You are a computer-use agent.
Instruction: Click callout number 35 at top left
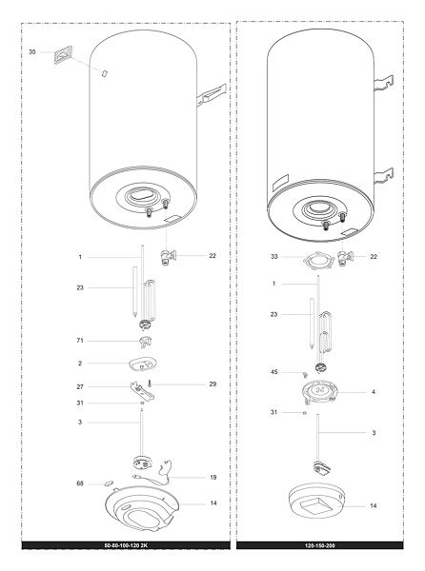pyautogui.click(x=32, y=52)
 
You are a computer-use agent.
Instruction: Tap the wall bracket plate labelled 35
pyautogui.click(x=63, y=54)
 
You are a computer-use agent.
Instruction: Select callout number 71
pyautogui.click(x=80, y=341)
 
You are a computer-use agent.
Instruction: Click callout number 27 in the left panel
pyautogui.click(x=80, y=386)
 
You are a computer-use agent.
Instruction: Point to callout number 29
pyautogui.click(x=212, y=384)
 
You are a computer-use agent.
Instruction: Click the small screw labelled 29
pyautogui.click(x=150, y=384)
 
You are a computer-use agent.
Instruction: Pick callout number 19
pyautogui.click(x=213, y=477)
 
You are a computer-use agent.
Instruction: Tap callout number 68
pyautogui.click(x=80, y=483)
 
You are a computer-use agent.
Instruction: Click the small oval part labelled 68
pyautogui.click(x=109, y=483)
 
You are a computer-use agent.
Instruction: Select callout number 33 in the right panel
pyautogui.click(x=274, y=256)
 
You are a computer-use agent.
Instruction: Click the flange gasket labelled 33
pyautogui.click(x=318, y=260)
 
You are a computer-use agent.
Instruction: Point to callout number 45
pyautogui.click(x=274, y=372)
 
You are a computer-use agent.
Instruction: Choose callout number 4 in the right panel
pyautogui.click(x=374, y=392)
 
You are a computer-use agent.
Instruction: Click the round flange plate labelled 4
pyautogui.click(x=319, y=392)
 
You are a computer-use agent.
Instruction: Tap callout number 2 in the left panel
pyautogui.click(x=80, y=364)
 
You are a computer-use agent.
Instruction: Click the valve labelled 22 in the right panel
pyautogui.click(x=345, y=258)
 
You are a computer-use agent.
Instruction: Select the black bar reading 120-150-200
pyautogui.click(x=319, y=545)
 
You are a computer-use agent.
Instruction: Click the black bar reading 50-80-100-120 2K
pyautogui.click(x=126, y=545)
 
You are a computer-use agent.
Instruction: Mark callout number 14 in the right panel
pyautogui.click(x=374, y=506)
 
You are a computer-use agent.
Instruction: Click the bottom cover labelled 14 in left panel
pyautogui.click(x=142, y=508)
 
